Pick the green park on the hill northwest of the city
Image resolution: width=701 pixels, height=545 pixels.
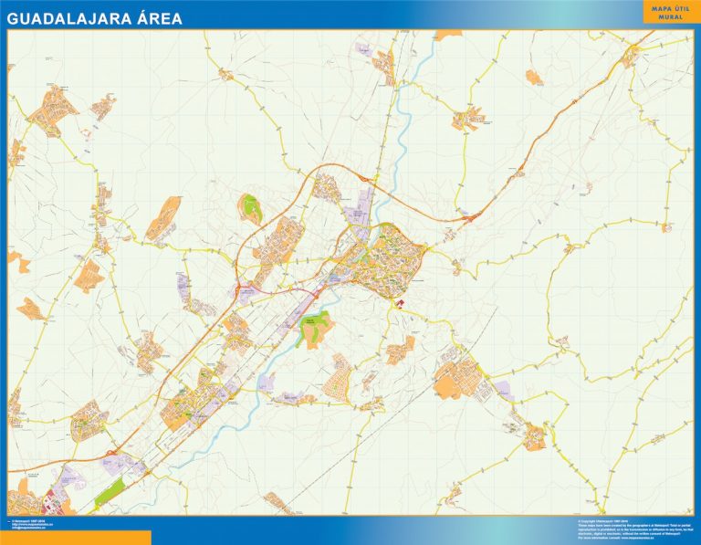(251, 208)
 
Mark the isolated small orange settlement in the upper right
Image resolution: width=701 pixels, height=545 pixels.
(535, 77)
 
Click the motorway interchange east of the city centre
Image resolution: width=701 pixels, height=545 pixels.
(471, 217)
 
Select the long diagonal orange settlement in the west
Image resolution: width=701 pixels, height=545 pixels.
(162, 219)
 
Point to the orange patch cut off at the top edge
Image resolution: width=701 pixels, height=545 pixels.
(447, 35)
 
